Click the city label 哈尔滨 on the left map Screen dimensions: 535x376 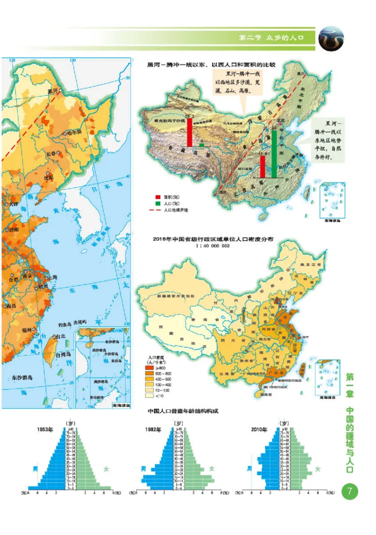[x=74, y=132]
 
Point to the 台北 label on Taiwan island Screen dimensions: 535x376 [x=61, y=337]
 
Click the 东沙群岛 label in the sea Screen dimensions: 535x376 [x=22, y=377]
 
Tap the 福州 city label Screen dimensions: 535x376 [x=26, y=330]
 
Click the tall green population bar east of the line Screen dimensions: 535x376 [x=274, y=153]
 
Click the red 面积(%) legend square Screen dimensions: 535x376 [x=158, y=197]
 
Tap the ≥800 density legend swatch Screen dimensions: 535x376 [x=153, y=367]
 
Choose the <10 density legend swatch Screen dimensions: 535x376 [x=153, y=395]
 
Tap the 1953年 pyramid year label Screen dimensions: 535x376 [x=46, y=429]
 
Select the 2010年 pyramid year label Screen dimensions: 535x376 [x=258, y=429]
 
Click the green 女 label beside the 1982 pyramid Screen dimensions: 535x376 [x=211, y=469]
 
